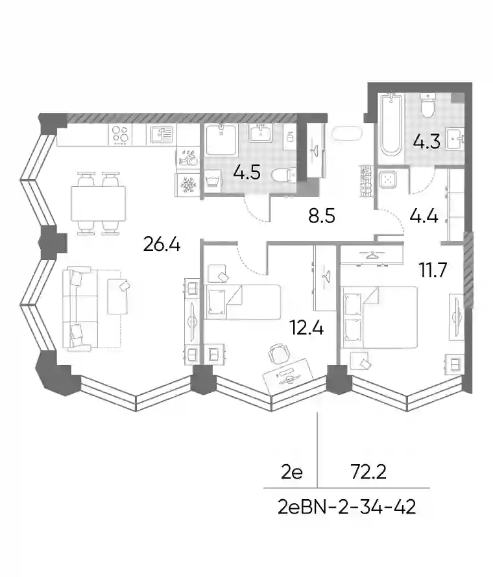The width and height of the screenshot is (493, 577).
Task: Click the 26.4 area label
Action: pos(162,244)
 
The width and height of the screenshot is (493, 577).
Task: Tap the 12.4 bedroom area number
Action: pos(306,327)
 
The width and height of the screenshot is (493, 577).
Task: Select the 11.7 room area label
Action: pos(433,270)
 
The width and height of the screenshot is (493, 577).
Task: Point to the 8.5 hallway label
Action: pos(322,216)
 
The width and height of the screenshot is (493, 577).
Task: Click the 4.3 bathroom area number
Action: pos(426,142)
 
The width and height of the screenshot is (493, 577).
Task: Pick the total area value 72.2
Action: pos(368,472)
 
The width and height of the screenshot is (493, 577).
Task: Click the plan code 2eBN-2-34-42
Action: pos(347,507)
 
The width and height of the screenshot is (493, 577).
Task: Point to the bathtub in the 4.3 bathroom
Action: pos(391,124)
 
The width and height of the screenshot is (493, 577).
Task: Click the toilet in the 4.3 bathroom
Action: pos(427,106)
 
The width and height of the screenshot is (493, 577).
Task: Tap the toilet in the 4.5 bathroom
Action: pos(284,175)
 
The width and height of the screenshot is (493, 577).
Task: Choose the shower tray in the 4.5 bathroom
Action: pos(221,140)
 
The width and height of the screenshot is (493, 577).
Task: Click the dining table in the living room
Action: pos(99,203)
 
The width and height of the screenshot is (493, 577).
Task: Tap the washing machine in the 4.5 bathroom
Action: pos(213,181)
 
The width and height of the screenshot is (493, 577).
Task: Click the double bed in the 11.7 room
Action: pos(380,317)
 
